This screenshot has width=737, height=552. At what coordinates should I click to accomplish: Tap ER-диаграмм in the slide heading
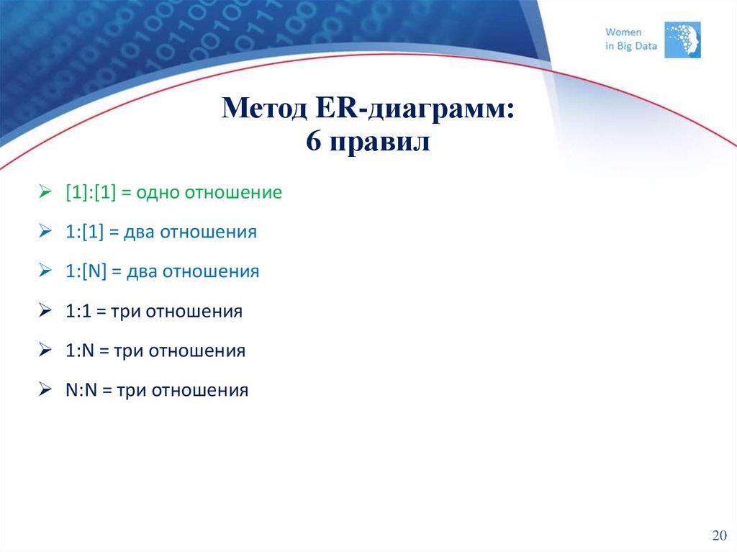click(415, 109)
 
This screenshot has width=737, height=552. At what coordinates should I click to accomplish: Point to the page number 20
click(718, 536)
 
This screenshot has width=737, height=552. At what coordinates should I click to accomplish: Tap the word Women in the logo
click(623, 32)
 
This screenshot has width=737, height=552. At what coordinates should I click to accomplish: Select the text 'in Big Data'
click(631, 46)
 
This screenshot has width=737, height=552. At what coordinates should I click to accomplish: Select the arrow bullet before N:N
click(45, 390)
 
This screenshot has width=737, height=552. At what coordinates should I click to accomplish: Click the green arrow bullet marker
click(45, 192)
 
